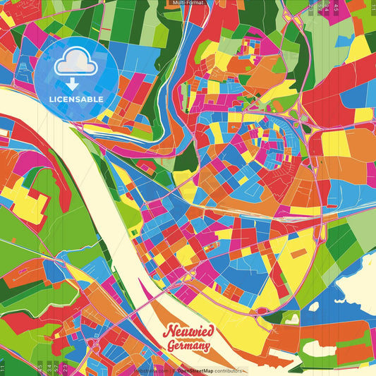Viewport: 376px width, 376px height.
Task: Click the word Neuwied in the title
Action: [188, 332]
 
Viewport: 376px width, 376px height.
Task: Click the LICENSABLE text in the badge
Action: [77, 99]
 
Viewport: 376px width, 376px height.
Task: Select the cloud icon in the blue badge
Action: [76, 62]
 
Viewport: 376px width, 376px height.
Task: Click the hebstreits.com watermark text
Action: [151, 370]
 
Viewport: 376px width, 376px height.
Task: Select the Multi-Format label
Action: [188, 3]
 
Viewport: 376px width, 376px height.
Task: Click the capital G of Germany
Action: [171, 346]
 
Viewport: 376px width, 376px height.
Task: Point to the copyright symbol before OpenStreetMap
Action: [174, 370]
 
